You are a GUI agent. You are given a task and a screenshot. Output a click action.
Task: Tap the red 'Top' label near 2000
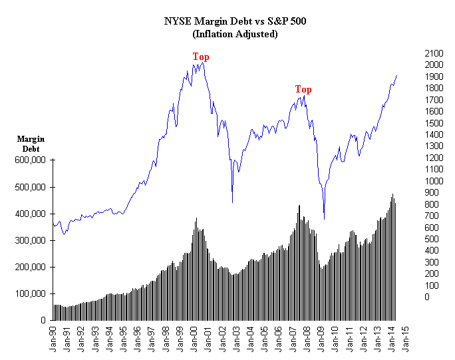point(201,57)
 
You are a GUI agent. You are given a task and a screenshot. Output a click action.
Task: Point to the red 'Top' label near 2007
point(303,89)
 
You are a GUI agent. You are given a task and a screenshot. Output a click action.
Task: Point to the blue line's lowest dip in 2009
point(324,219)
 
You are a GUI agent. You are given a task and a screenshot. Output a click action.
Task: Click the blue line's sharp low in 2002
point(232,202)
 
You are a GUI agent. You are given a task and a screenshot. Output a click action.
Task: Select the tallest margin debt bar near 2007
point(299,206)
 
